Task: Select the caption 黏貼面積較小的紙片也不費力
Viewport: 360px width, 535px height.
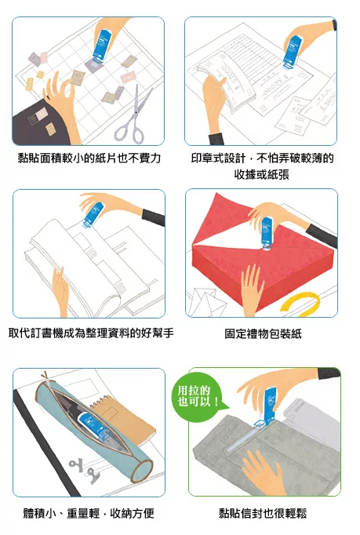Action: coord(89,158)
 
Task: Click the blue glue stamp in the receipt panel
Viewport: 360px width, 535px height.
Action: coord(295,50)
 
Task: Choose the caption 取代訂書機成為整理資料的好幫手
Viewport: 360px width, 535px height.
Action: coord(89,333)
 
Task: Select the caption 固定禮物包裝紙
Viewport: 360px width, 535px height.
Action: coord(262,333)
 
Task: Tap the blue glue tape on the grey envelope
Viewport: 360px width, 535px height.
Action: coord(269,404)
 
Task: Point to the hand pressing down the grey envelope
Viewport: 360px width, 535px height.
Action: coord(262,471)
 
